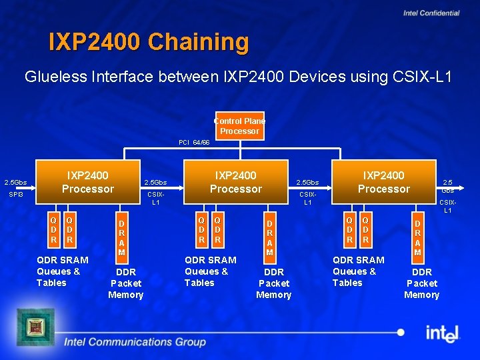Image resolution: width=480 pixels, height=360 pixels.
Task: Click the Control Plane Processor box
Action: tap(239, 126)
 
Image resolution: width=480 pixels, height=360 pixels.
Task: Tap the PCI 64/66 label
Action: tap(194, 143)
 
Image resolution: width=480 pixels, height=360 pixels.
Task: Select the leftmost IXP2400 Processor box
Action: tap(88, 182)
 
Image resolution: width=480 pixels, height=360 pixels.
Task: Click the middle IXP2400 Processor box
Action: tap(236, 182)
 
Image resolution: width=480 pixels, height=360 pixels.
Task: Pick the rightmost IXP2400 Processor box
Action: tap(384, 182)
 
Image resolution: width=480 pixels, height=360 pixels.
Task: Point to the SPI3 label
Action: tap(16, 195)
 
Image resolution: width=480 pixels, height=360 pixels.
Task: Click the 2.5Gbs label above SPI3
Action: tap(16, 182)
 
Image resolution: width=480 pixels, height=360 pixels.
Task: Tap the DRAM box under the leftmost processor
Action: tap(121, 235)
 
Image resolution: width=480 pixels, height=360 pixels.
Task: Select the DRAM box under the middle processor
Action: tap(269, 235)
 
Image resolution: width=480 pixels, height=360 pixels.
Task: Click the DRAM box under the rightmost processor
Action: tap(417, 235)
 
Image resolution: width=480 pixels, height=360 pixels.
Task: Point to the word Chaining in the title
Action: tap(198, 42)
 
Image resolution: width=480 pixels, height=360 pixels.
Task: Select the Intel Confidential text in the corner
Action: tap(431, 13)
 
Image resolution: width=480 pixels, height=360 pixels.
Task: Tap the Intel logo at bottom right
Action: tap(442, 332)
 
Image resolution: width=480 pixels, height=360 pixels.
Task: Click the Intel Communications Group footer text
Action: tap(135, 342)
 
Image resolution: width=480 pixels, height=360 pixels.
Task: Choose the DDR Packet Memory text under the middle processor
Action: tap(274, 283)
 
